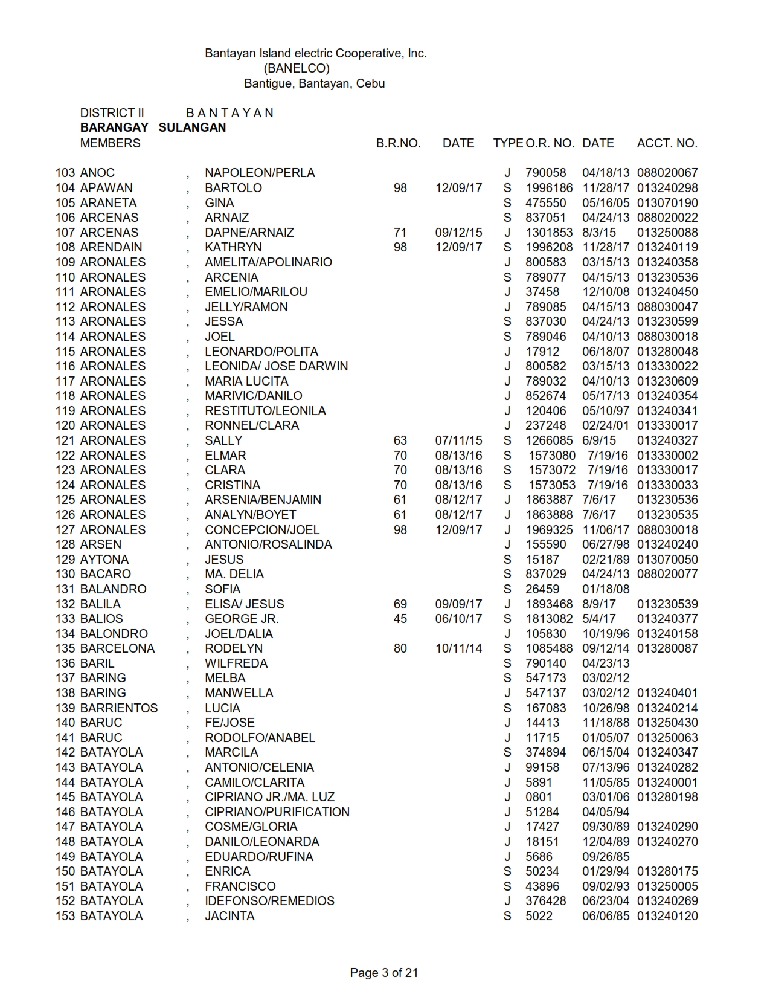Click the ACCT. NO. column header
(667, 143)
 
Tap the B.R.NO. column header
(398, 143)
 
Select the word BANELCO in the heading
(297, 68)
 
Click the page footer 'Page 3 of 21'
(384, 973)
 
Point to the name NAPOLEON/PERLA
(260, 173)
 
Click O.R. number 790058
(546, 173)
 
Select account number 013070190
(667, 203)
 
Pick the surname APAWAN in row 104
(106, 188)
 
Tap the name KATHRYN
(233, 247)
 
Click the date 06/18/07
(605, 352)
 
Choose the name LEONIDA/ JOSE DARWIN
(276, 366)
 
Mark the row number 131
(65, 589)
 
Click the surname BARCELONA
(117, 648)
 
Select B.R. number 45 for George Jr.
(400, 619)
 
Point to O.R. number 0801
(539, 797)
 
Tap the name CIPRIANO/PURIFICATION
(277, 812)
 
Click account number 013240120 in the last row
(667, 916)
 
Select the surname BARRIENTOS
(118, 708)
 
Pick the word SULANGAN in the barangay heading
(192, 127)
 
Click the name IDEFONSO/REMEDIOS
(269, 901)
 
